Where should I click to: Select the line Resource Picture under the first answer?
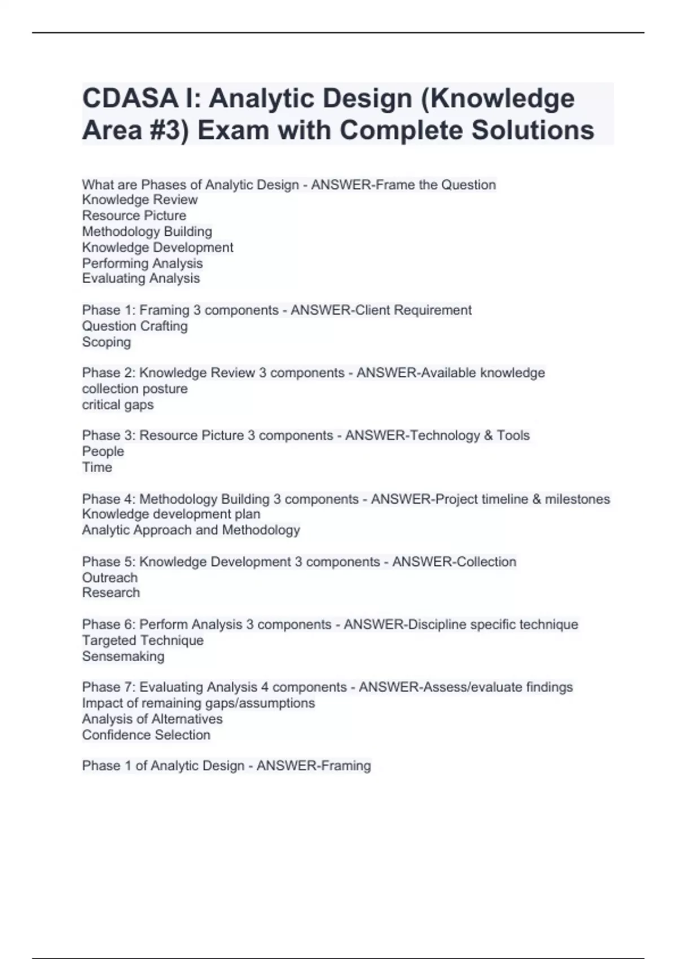134,215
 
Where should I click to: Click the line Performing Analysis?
142,263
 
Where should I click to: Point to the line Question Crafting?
135,325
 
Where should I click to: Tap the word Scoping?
106,342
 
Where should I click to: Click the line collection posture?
135,389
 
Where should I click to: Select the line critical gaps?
117,404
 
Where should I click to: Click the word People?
103,451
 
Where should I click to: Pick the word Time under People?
97,467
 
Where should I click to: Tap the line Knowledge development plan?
171,514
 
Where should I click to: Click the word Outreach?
109,578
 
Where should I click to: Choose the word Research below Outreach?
111,592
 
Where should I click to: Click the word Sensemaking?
123,656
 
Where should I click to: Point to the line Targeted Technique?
143,640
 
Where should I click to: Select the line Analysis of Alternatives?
152,719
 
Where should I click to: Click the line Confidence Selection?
146,734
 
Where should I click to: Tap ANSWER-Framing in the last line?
314,766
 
